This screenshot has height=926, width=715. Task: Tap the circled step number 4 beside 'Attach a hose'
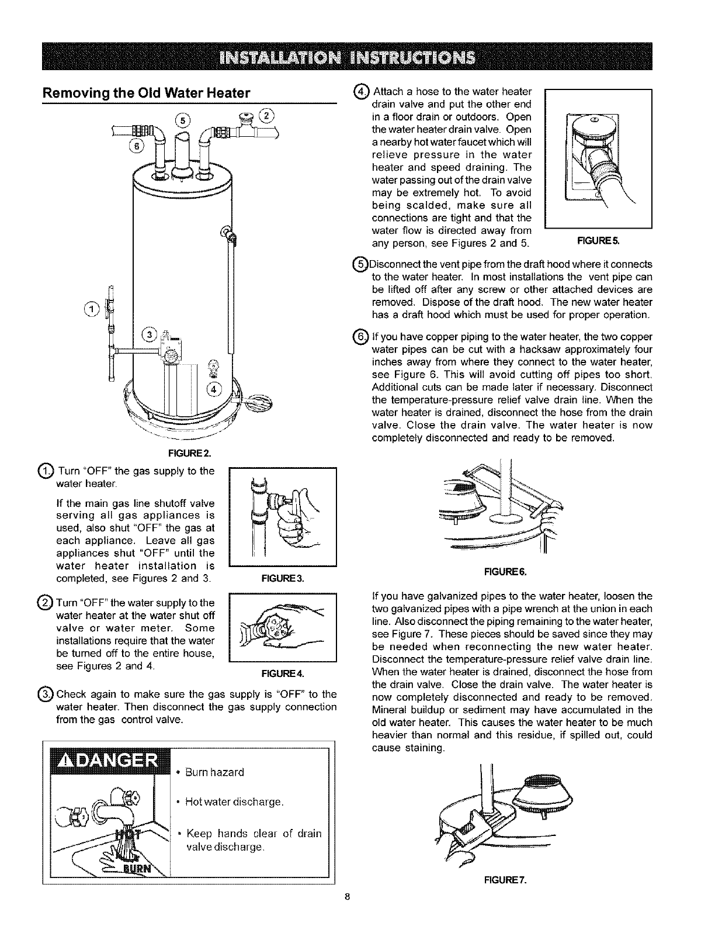[x=362, y=92]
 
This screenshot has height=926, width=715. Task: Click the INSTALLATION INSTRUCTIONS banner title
[x=347, y=57]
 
